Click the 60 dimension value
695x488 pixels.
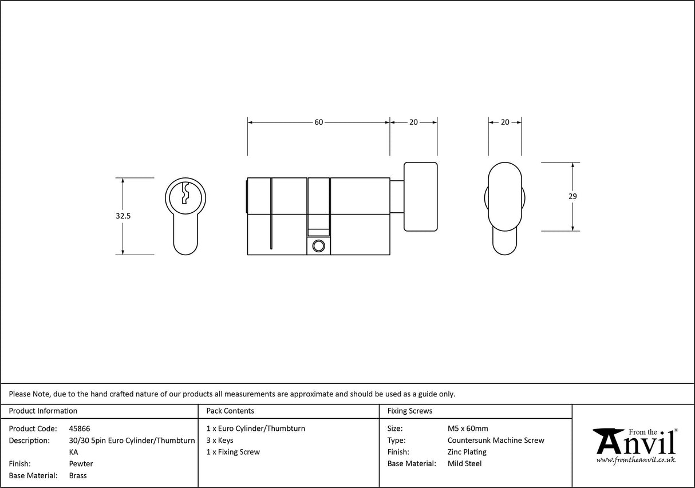pos(318,122)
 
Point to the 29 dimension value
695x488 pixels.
pos(572,196)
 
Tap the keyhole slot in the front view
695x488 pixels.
pos(185,193)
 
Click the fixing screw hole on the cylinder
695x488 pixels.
pos(319,246)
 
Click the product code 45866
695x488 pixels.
pos(79,429)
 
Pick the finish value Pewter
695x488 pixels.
pos(81,464)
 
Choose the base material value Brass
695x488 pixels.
pos(78,475)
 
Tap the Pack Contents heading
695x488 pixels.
pos(230,411)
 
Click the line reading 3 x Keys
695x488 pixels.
pos(220,441)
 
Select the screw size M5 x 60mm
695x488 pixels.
pos(468,429)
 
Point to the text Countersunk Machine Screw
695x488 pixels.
pos(496,441)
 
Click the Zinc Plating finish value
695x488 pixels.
pos(467,452)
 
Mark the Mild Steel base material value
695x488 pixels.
pos(464,464)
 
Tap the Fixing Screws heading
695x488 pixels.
pos(410,411)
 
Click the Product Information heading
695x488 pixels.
pos(43,411)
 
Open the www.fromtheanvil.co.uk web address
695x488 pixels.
pos(635,460)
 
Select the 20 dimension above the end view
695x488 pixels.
pos(505,122)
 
